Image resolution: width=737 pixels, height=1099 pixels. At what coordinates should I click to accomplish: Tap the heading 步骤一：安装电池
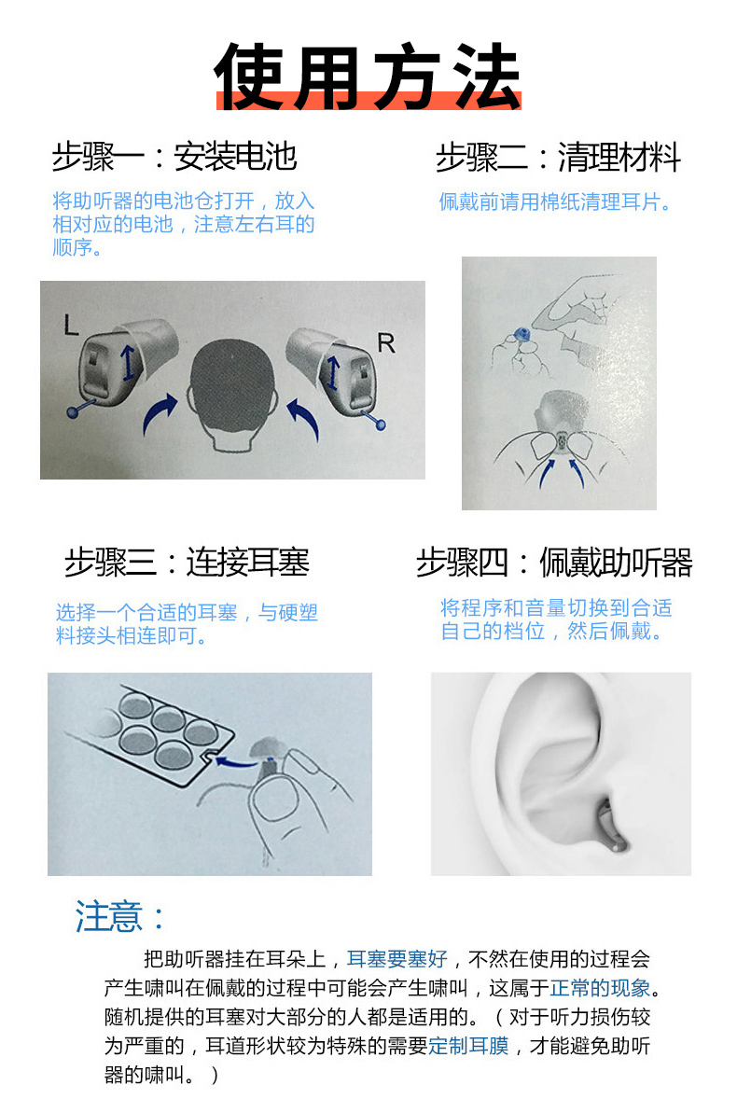point(174,157)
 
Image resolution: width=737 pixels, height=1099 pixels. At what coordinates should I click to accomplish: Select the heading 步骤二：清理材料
point(559,157)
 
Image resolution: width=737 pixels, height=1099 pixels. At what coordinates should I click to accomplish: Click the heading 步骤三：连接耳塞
point(188,562)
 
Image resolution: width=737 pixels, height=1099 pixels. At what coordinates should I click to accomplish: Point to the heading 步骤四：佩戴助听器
point(554,562)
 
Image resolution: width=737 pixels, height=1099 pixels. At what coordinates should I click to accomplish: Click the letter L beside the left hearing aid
point(71,325)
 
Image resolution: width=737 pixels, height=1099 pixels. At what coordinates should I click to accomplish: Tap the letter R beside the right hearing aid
point(386,342)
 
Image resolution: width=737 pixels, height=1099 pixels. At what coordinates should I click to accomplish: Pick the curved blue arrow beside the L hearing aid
point(159,413)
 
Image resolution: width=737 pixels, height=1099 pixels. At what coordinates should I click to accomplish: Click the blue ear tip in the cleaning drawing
point(521,335)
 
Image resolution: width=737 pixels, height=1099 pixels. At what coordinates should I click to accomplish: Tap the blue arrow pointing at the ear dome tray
point(235,761)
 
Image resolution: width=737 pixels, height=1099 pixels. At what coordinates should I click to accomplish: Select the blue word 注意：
point(119,916)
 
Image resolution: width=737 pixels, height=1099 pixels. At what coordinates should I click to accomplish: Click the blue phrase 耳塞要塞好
point(396,958)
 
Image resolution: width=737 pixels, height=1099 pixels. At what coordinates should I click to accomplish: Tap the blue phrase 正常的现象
point(600,988)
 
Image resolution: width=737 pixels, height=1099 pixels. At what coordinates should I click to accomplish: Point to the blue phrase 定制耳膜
point(468,1046)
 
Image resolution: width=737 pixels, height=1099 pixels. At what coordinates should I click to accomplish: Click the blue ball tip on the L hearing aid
point(73,413)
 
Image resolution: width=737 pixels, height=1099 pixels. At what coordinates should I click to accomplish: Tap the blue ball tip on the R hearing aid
point(381,424)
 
